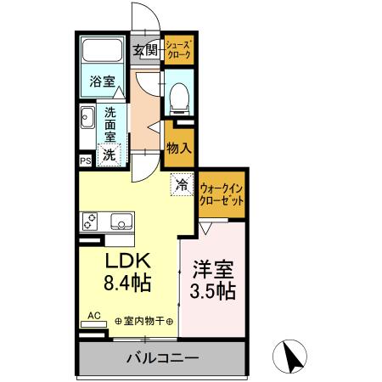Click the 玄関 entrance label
click(145, 50)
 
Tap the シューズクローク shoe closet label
click(178, 48)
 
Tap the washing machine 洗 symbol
click(109, 154)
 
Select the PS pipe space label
click(85, 159)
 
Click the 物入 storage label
click(178, 147)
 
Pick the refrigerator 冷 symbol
click(181, 181)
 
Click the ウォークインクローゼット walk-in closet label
click(222, 194)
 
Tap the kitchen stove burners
click(90, 222)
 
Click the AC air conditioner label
click(93, 316)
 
